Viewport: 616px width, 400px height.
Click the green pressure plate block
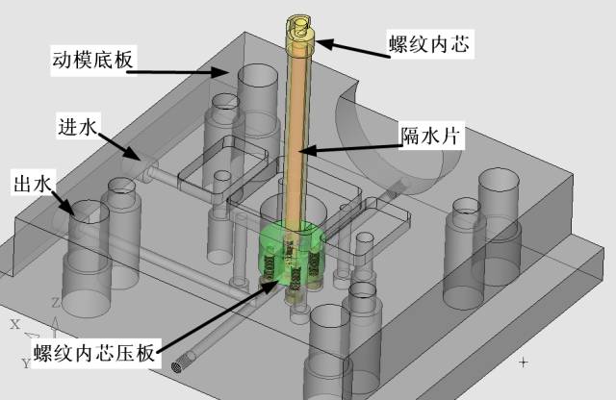pyautogui.click(x=292, y=253)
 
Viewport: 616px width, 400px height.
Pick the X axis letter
pyautogui.click(x=14, y=325)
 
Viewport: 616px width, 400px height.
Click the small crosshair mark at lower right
pyautogui.click(x=524, y=362)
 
